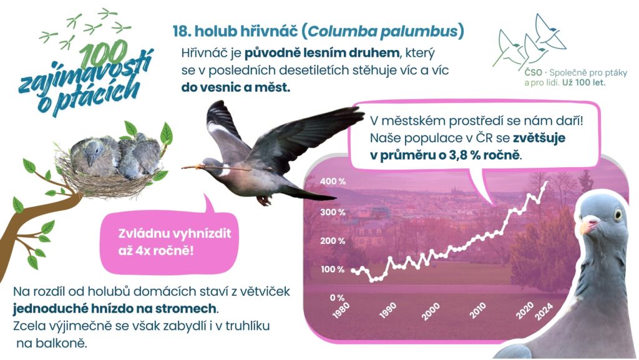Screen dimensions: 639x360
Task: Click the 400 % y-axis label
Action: [333, 182]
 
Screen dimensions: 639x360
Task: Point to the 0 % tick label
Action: [337, 298]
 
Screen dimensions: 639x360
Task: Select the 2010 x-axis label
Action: [477, 311]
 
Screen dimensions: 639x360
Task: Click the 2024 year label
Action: [544, 311]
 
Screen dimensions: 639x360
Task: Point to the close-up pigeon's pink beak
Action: [589, 225]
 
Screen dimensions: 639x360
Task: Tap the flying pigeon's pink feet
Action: [264, 200]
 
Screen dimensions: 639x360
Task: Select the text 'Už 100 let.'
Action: [584, 83]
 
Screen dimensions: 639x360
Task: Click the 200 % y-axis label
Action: [333, 241]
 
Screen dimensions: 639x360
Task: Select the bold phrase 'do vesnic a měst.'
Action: [236, 87]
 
